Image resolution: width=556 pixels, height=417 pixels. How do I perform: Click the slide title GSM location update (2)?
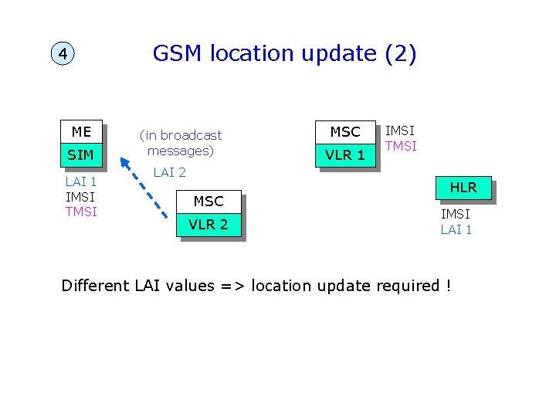[x=284, y=53]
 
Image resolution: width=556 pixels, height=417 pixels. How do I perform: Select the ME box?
[x=81, y=131]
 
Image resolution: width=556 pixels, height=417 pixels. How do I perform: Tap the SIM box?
[x=81, y=155]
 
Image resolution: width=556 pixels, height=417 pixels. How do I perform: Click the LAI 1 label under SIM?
[x=81, y=182]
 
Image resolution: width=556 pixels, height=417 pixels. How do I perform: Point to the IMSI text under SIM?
[x=81, y=197]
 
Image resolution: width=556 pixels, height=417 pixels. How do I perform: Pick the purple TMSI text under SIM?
[x=81, y=212]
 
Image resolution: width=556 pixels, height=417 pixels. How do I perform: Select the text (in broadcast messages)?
[x=180, y=143]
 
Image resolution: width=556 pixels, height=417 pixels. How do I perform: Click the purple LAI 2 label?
[x=169, y=172]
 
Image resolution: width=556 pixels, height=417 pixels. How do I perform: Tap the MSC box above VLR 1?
[x=345, y=132]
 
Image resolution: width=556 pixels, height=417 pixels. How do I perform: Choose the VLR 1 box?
[x=345, y=155]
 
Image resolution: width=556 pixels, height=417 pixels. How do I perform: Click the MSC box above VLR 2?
[x=208, y=202]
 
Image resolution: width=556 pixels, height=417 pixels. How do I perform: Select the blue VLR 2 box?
[x=208, y=225]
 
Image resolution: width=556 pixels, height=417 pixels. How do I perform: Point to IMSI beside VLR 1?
[x=400, y=131]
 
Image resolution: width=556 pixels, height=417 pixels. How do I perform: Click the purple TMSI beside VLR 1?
[x=401, y=146]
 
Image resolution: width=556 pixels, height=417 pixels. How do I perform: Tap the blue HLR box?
[x=463, y=188]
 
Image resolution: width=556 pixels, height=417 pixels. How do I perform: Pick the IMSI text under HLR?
[x=456, y=214]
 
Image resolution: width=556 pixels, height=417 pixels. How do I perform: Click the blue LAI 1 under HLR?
[x=456, y=229]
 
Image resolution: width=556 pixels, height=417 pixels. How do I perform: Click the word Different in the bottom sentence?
[x=95, y=286]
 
